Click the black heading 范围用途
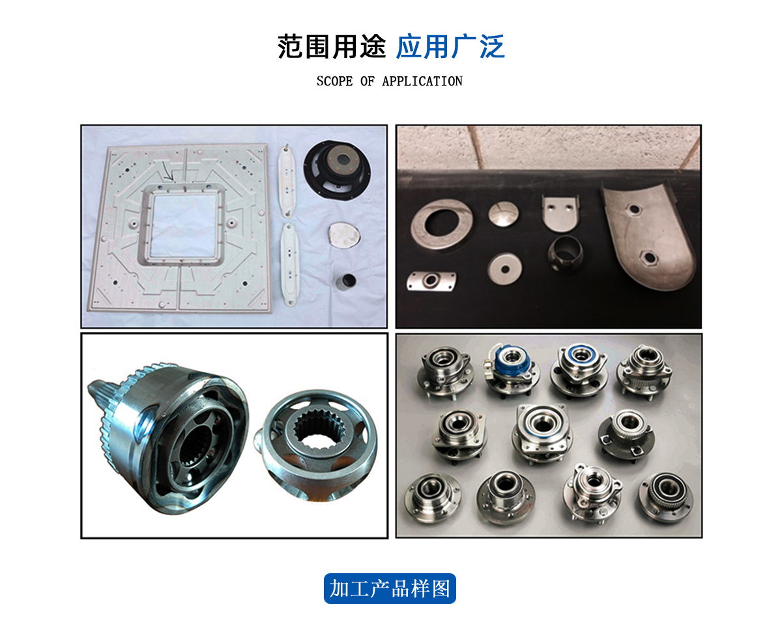click(x=332, y=46)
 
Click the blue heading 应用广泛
click(x=450, y=46)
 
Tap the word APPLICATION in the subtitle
click(x=422, y=81)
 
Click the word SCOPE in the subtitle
click(x=334, y=81)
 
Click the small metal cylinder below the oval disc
click(x=345, y=281)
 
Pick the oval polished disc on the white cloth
click(x=344, y=235)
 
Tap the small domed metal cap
click(x=503, y=213)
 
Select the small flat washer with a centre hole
click(x=505, y=269)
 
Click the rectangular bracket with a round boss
click(x=431, y=281)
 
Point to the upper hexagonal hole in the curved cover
click(x=634, y=209)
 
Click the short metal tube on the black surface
click(x=565, y=254)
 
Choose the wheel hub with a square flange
click(x=542, y=433)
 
